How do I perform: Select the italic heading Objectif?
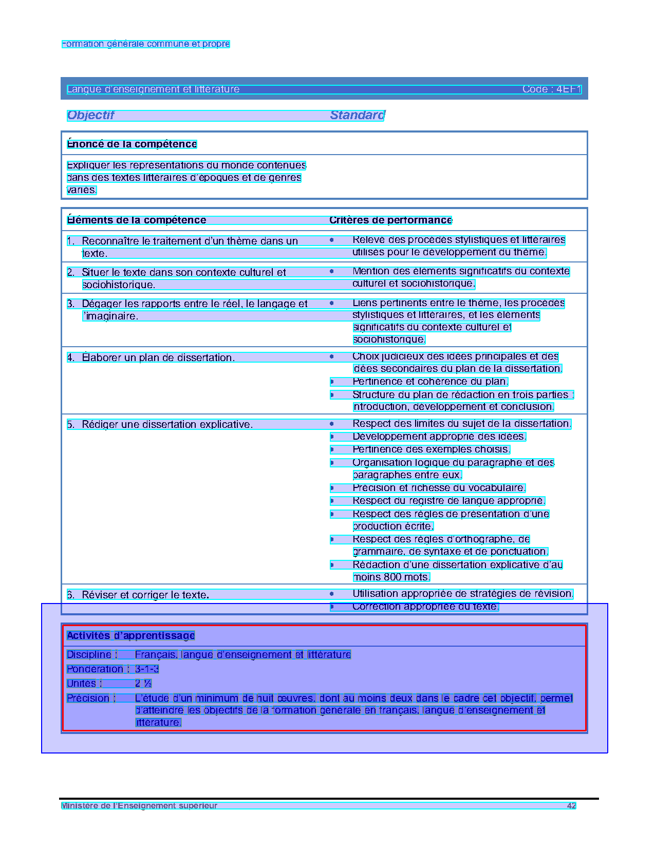(90, 115)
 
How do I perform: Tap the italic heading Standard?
(357, 115)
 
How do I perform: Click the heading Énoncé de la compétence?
(132, 144)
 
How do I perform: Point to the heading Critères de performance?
(390, 220)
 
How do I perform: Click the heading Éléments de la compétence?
(137, 220)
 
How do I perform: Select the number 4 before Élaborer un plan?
(70, 357)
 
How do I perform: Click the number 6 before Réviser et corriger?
(70, 595)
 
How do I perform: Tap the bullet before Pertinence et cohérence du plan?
(332, 382)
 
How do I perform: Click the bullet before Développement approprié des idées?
(332, 437)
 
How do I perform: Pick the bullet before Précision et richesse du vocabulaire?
(332, 488)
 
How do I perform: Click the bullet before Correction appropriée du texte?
(332, 607)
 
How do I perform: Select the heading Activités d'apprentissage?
(131, 635)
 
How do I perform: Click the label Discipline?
(89, 654)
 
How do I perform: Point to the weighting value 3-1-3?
(147, 669)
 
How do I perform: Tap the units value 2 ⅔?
(143, 683)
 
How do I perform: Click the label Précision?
(88, 698)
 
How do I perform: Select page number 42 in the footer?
(571, 805)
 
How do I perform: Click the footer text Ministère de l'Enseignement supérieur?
(139, 805)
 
